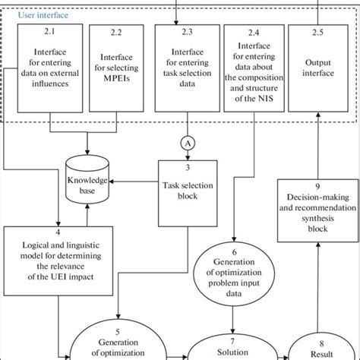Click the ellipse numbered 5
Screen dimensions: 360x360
pyautogui.click(x=117, y=340)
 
